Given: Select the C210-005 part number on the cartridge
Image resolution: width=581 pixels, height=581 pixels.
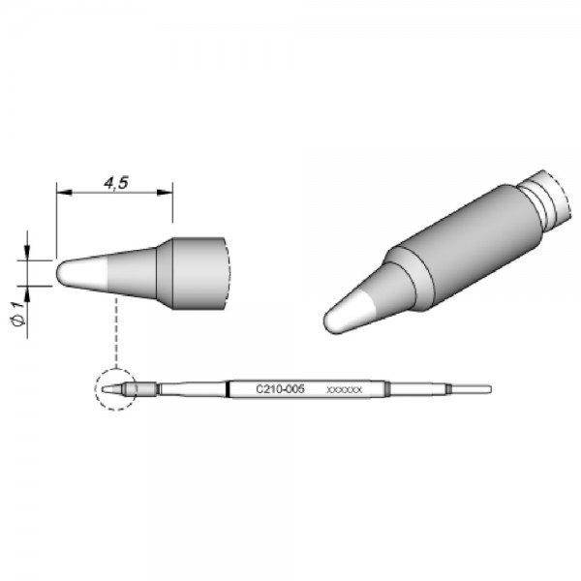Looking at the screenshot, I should pos(281,388).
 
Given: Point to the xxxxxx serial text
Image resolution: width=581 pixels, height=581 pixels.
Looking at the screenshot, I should pos(346,389).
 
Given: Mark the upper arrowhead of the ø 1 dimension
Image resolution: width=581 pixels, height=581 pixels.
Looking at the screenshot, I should pos(28,255).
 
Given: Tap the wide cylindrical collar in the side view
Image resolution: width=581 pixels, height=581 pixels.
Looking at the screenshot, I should pos(199,272).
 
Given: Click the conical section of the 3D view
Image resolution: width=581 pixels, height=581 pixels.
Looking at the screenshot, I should pos(382,290).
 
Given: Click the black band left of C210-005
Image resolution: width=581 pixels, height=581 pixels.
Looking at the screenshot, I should pos(229,389).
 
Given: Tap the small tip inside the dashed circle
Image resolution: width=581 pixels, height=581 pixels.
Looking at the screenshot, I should pos(118,390).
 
